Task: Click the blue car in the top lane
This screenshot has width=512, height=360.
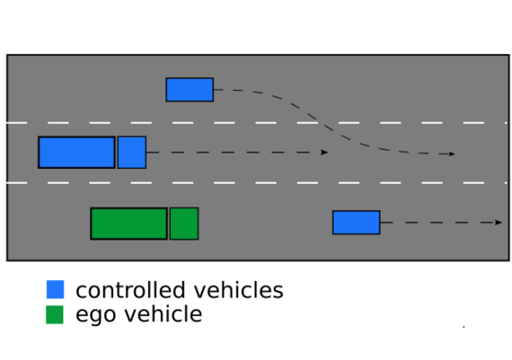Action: pyautogui.click(x=190, y=90)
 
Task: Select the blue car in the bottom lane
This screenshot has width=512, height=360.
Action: pyautogui.click(x=357, y=223)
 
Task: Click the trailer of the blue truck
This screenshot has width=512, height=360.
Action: pyautogui.click(x=76, y=153)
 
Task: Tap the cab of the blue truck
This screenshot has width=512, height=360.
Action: pyautogui.click(x=132, y=153)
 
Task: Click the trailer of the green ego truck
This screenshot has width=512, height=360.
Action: pyautogui.click(x=129, y=224)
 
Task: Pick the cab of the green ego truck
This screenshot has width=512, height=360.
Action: pyautogui.click(x=184, y=224)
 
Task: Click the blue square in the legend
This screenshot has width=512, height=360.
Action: pyautogui.click(x=55, y=289)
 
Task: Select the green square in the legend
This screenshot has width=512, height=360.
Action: pyautogui.click(x=55, y=314)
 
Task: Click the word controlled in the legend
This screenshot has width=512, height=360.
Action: pyautogui.click(x=132, y=290)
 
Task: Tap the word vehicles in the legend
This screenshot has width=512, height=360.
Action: pyautogui.click(x=239, y=290)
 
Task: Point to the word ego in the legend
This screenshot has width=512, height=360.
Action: pyautogui.click(x=96, y=315)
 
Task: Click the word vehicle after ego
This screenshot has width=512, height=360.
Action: pyautogui.click(x=163, y=314)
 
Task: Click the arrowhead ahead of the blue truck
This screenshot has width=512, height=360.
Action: pyautogui.click(x=324, y=153)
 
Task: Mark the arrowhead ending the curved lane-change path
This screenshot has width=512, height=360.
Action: pyautogui.click(x=452, y=154)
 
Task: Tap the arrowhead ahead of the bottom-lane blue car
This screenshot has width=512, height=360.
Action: pyautogui.click(x=499, y=223)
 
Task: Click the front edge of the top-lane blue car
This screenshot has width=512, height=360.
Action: pyautogui.click(x=214, y=90)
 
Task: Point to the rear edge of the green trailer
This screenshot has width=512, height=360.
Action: pyautogui.click(x=91, y=224)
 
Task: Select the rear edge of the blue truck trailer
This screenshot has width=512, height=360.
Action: pyautogui.click(x=39, y=153)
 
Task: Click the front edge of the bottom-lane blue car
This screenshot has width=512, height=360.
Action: pyautogui.click(x=380, y=223)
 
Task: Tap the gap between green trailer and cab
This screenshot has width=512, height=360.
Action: pyautogui.click(x=169, y=224)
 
